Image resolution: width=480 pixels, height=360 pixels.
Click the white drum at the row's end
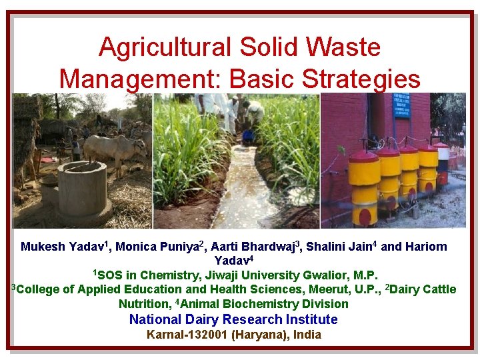point(441,161)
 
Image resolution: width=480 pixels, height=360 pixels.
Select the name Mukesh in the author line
point(43,247)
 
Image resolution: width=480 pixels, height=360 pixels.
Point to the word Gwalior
point(324,275)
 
